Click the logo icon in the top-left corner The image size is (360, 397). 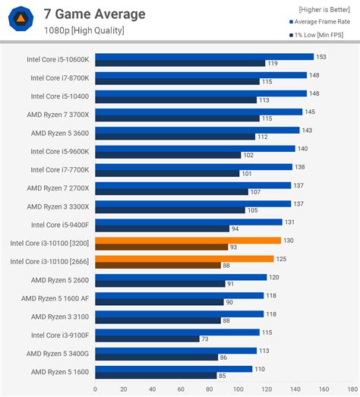[23, 20]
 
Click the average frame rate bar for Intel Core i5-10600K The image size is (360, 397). [204, 56]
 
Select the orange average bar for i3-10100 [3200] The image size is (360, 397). [188, 241]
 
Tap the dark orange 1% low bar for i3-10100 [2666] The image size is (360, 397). [157, 265]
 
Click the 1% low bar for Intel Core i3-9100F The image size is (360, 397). [147, 339]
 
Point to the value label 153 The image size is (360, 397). [321, 56]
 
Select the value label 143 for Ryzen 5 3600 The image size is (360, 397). [306, 130]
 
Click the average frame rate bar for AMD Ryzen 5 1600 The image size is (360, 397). [173, 369]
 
